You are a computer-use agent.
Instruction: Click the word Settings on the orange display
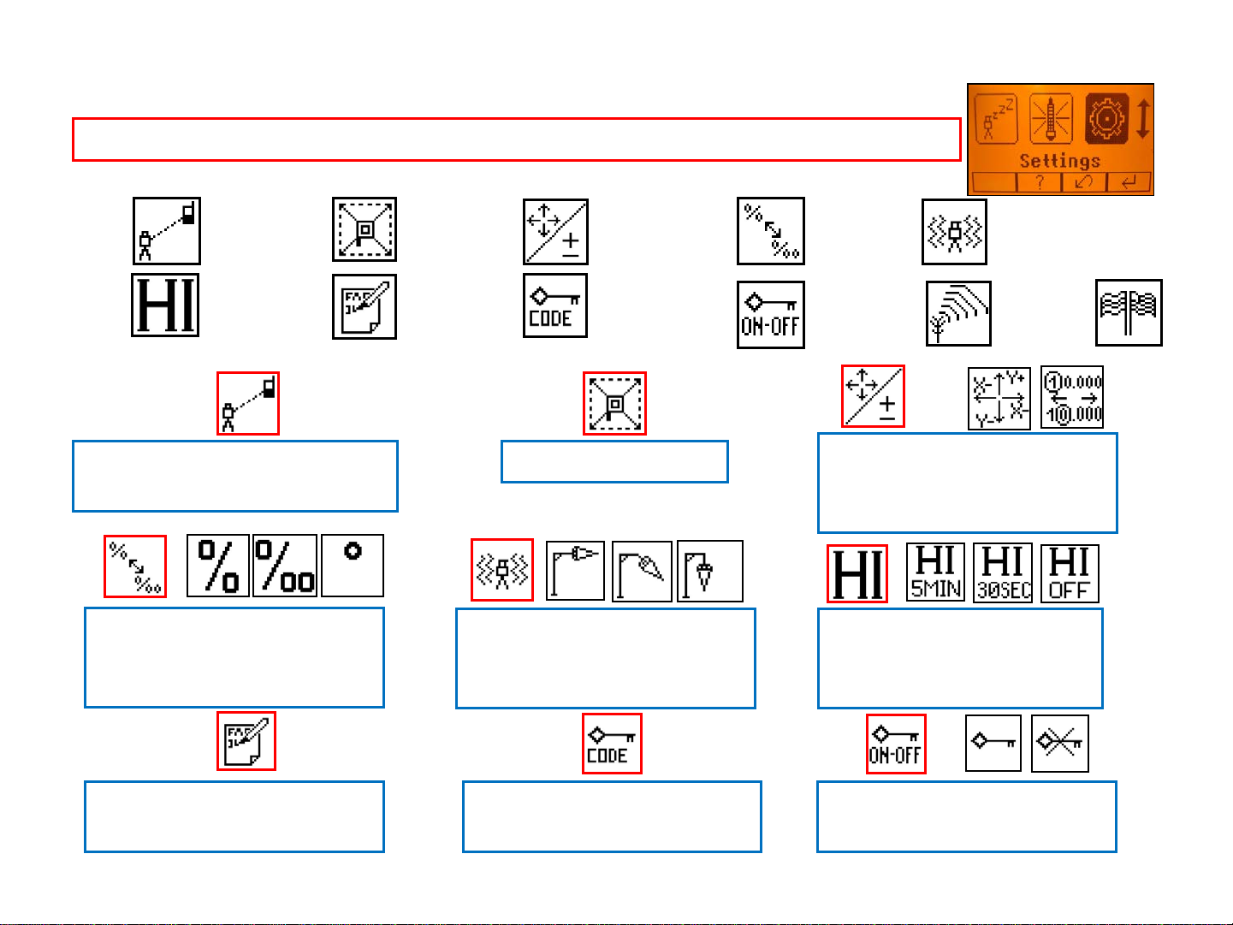click(x=1059, y=160)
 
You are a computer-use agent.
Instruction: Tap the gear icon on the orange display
click(x=1106, y=119)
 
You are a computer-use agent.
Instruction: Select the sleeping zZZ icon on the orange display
click(x=996, y=119)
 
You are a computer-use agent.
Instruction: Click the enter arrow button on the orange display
click(x=1129, y=183)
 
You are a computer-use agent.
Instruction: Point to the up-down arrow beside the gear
click(x=1143, y=119)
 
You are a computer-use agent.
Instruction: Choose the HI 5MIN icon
click(x=935, y=572)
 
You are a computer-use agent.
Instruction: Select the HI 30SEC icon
click(x=1003, y=572)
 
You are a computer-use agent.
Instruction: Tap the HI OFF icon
click(x=1070, y=572)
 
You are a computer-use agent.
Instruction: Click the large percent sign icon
click(x=218, y=566)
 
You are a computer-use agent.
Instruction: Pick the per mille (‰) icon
click(x=285, y=566)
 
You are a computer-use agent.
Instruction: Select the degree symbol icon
click(x=353, y=566)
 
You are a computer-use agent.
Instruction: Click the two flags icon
click(x=1129, y=312)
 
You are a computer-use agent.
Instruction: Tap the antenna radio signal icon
click(x=958, y=313)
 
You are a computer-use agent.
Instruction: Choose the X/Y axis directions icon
click(x=999, y=398)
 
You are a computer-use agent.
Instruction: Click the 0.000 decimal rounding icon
click(x=1072, y=398)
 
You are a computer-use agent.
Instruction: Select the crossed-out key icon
click(x=1060, y=744)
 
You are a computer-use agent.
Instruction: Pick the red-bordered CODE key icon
click(x=612, y=744)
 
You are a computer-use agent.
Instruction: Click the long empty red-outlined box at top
click(x=516, y=139)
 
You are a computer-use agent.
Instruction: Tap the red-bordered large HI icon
click(x=857, y=574)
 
